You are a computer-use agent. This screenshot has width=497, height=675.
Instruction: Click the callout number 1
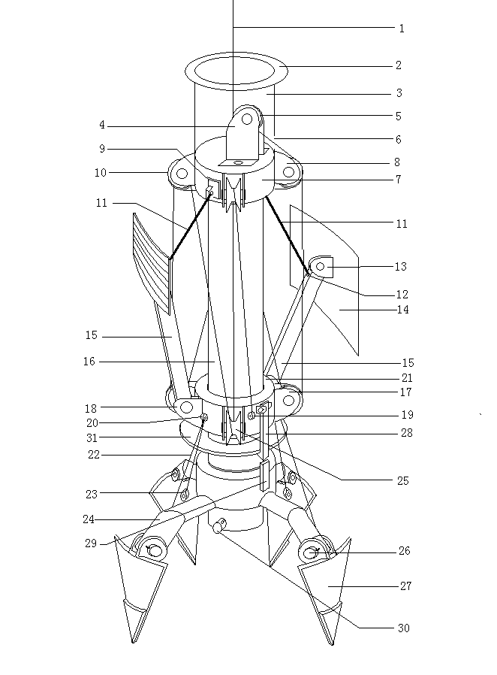402,29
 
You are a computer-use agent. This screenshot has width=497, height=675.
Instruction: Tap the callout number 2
399,65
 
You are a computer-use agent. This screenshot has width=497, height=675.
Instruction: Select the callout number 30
403,628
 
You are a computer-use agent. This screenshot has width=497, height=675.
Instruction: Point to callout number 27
406,586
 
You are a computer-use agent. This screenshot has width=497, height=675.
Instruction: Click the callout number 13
400,267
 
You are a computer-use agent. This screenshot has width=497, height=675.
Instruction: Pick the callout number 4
102,125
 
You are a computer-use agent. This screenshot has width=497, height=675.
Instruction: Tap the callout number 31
92,437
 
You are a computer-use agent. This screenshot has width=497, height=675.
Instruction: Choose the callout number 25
403,480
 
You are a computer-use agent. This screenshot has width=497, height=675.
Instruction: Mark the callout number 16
89,361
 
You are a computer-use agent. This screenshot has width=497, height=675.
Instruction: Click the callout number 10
100,173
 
